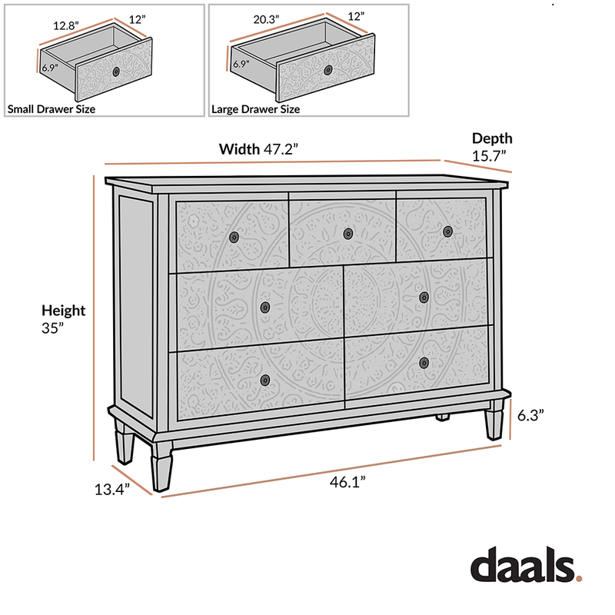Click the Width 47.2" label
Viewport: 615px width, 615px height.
coord(258,149)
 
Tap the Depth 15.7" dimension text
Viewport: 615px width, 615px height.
coord(492,147)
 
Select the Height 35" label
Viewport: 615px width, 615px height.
coord(63,318)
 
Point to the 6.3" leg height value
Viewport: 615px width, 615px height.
coord(530,414)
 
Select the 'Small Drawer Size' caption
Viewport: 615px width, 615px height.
coord(52,109)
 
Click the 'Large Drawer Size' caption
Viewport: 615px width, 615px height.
coord(256,109)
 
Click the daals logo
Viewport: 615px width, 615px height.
coord(526,567)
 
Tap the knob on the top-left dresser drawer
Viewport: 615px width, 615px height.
coord(234,237)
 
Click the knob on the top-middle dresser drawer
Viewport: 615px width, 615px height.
coord(347,233)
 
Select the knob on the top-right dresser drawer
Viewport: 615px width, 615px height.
coord(447,230)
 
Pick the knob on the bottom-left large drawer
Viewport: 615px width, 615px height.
coord(265,379)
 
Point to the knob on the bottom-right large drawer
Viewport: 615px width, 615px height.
coord(424,362)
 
